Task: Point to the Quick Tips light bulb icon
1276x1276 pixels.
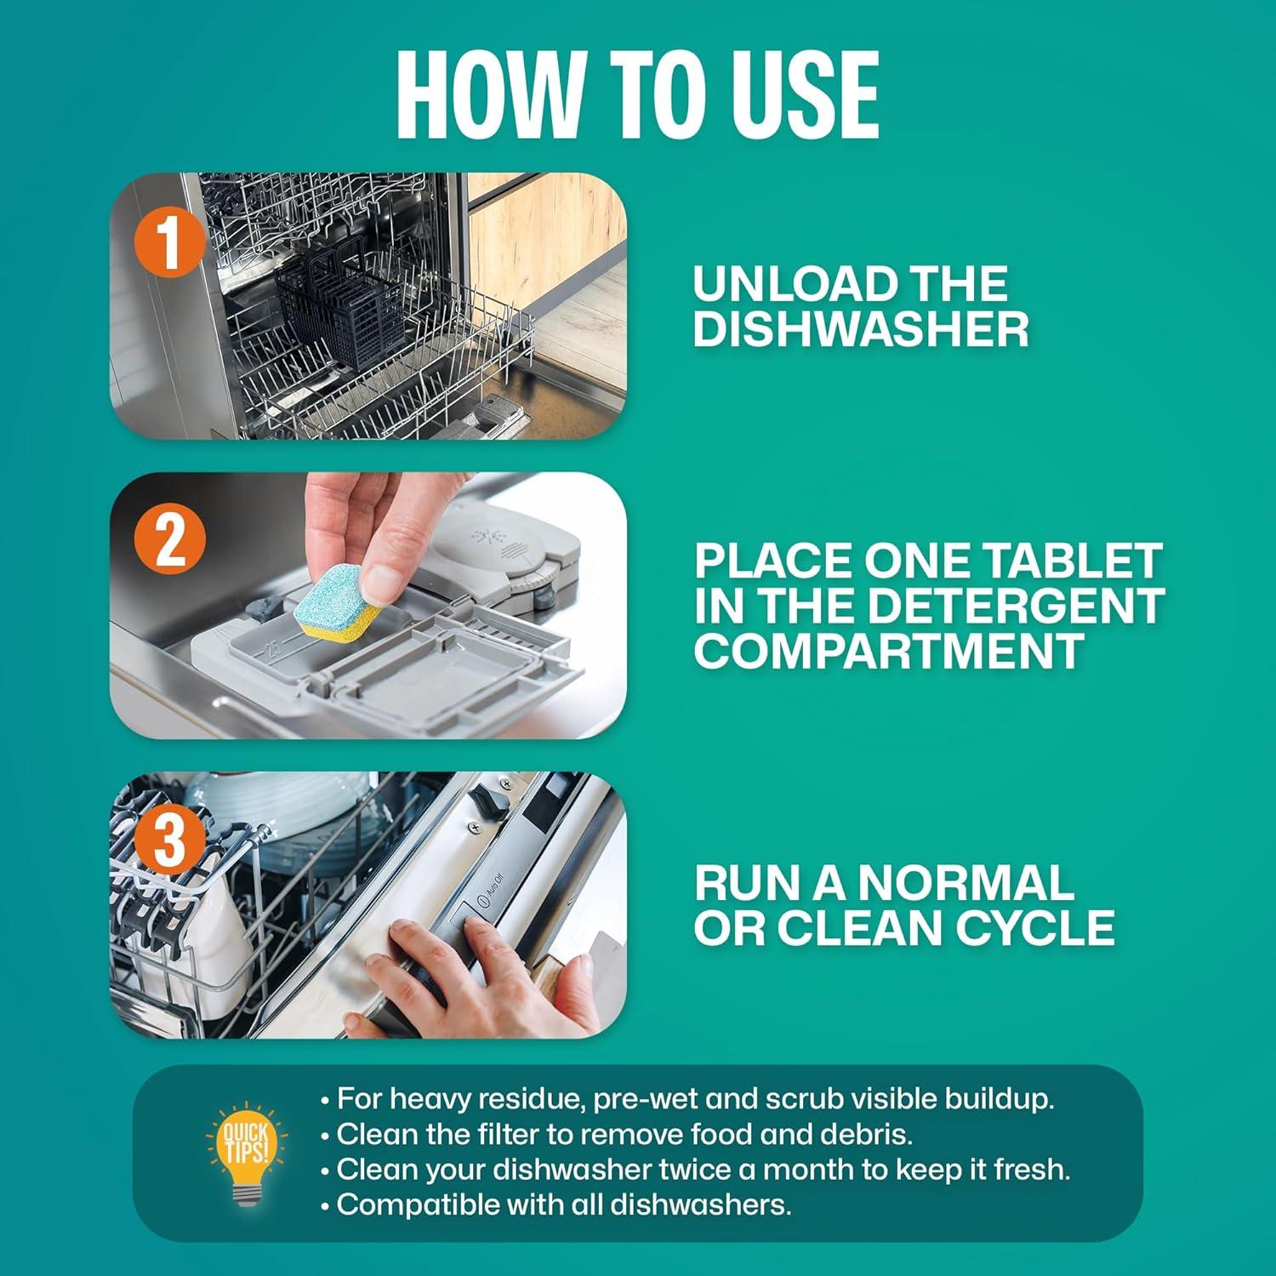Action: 246,1154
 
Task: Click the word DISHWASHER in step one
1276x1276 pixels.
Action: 860,329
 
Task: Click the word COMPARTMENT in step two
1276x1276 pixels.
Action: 888,651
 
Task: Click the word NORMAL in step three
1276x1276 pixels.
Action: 965,883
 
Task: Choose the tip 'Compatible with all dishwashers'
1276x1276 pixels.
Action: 563,1205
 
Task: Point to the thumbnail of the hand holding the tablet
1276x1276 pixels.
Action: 367,605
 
